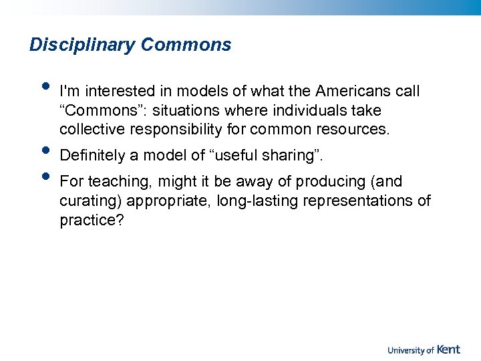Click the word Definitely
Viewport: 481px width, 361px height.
tap(92, 156)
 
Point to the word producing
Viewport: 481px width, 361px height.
tap(328, 182)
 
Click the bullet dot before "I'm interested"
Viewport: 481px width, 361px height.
tap(45, 85)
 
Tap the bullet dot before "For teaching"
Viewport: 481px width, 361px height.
tap(45, 176)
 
